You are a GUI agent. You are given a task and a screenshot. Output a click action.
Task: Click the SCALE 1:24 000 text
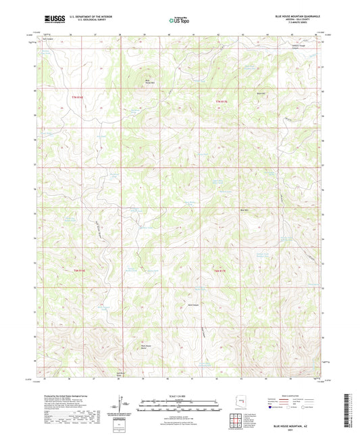(x=180, y=395)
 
